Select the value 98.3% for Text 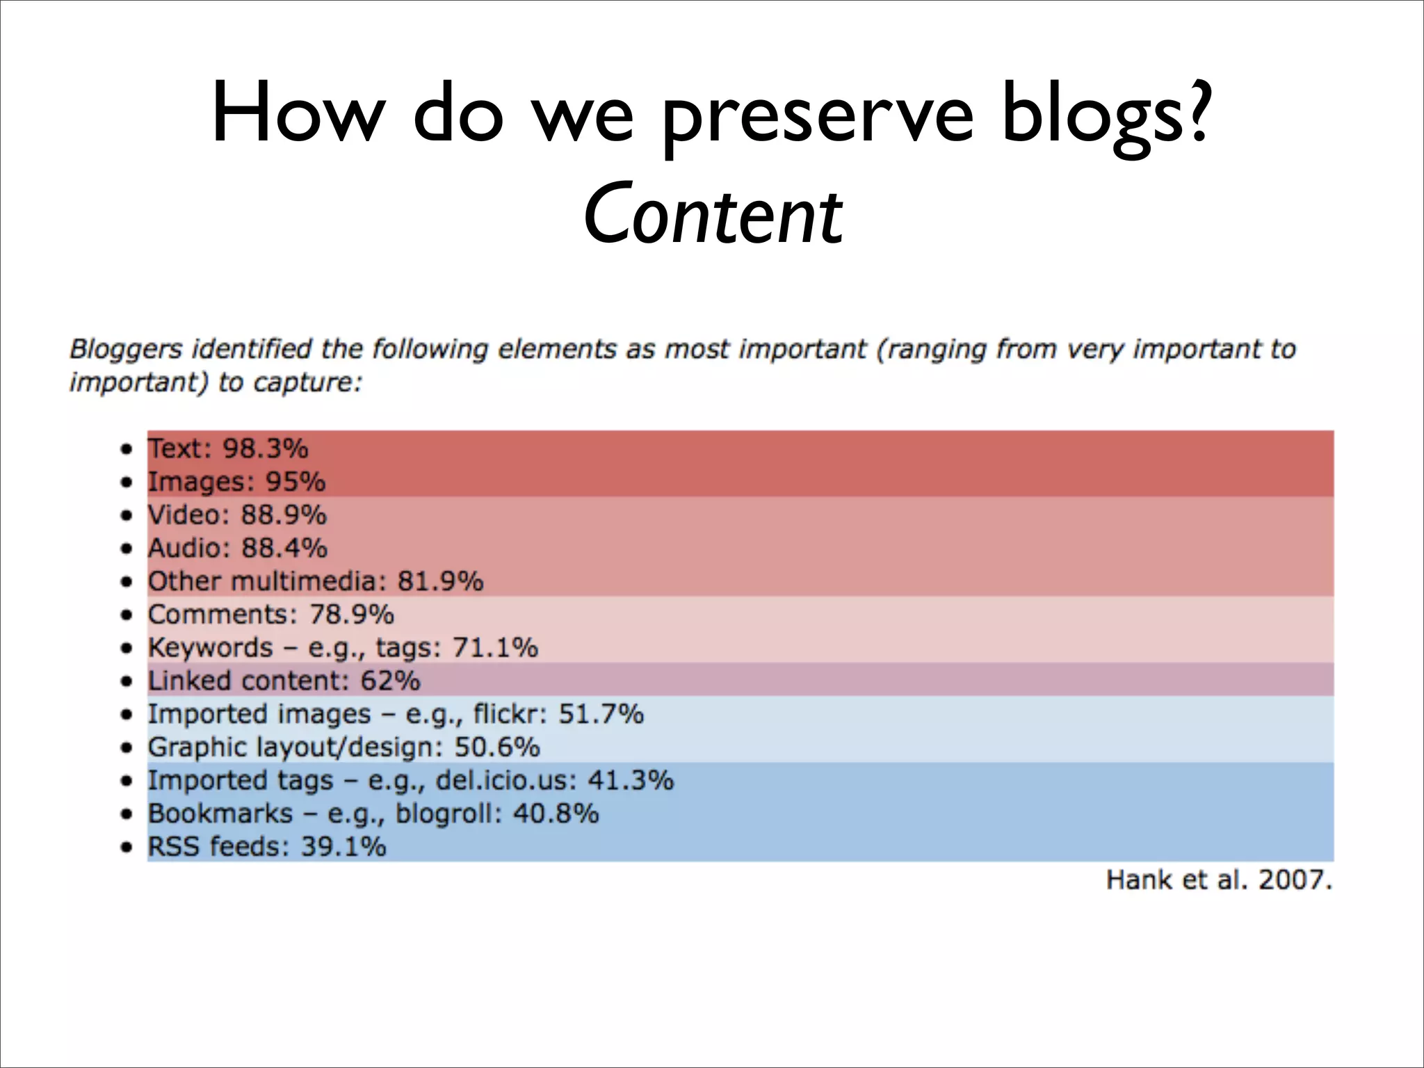(265, 448)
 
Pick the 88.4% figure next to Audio (284, 548)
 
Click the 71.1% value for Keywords (495, 648)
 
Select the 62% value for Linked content (390, 681)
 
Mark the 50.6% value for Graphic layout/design (497, 747)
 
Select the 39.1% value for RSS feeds (343, 847)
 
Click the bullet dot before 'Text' (126, 449)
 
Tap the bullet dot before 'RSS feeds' (126, 848)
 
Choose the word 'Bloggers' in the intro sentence (126, 348)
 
